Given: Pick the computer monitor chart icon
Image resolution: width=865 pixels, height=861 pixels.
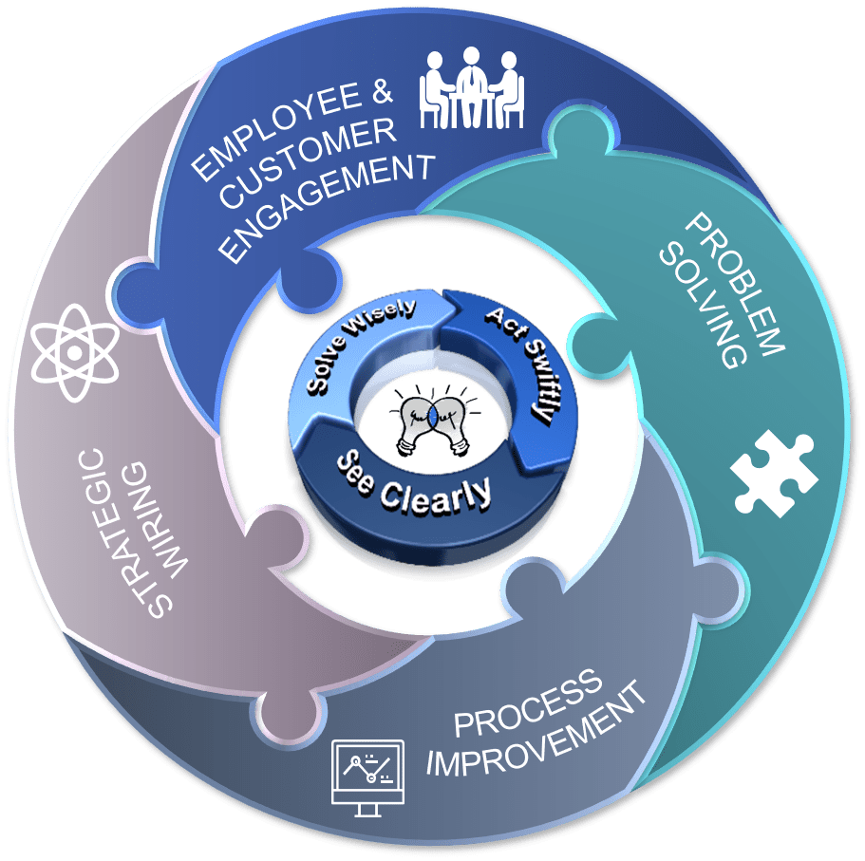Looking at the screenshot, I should coord(367,775).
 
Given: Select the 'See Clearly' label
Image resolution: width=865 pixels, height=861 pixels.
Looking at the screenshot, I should coord(416,479).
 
